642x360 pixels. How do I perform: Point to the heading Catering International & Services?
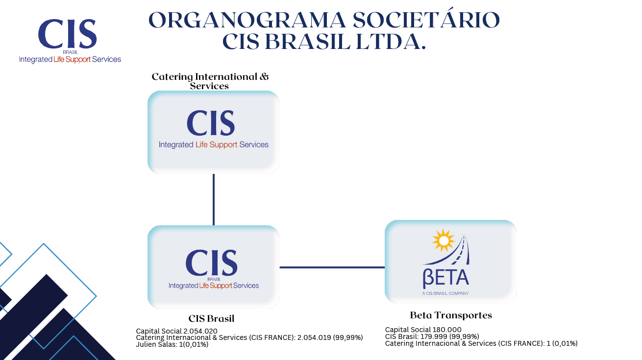tap(210, 81)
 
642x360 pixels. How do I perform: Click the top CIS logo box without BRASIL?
tap(214, 132)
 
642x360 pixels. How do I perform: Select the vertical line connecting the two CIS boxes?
tap(214, 200)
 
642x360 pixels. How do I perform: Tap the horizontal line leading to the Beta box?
tap(332, 267)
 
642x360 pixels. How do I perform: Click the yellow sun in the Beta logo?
tap(444, 240)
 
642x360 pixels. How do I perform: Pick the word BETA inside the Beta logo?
tap(446, 278)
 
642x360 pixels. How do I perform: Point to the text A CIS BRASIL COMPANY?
tap(445, 293)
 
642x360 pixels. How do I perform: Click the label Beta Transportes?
tap(451, 315)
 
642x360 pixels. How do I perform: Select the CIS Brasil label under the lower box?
tap(212, 318)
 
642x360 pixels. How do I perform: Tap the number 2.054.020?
tap(200, 331)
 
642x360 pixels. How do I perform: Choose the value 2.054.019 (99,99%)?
tap(330, 337)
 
